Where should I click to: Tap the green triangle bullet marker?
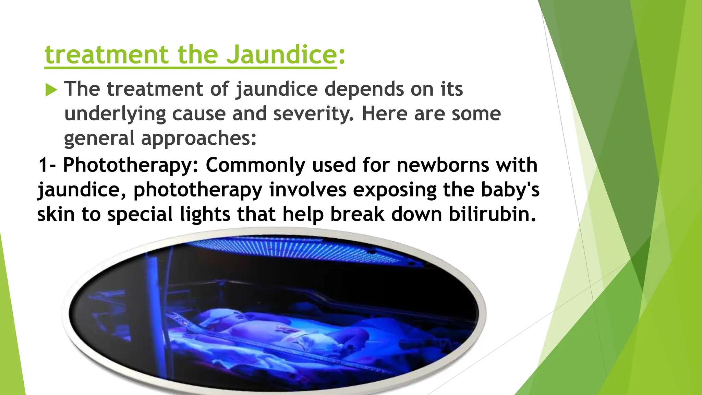pos(51,90)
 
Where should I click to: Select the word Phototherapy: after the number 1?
pos(131,165)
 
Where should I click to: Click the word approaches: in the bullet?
pos(199,138)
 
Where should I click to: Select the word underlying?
pos(115,114)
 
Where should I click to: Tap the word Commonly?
pos(255,165)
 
